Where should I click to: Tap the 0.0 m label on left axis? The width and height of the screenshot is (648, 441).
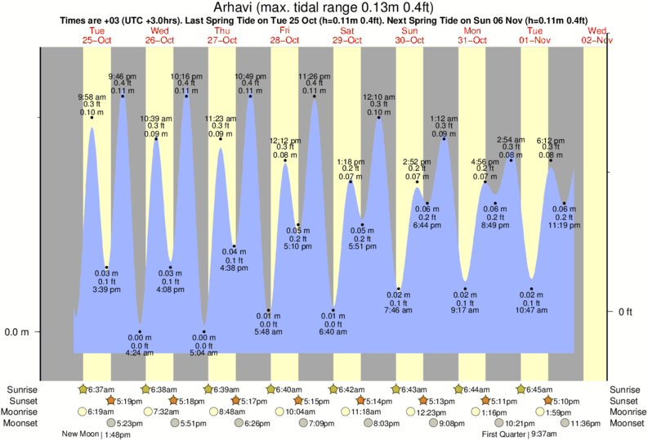tap(16, 332)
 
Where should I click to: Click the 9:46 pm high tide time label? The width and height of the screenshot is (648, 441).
tap(123, 75)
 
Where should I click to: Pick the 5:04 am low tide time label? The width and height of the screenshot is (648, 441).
tap(204, 353)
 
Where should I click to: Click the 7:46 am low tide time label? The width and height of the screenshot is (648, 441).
tap(399, 310)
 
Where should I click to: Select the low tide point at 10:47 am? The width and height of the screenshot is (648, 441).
tap(532, 290)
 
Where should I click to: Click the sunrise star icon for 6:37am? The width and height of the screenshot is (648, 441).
tap(83, 389)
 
